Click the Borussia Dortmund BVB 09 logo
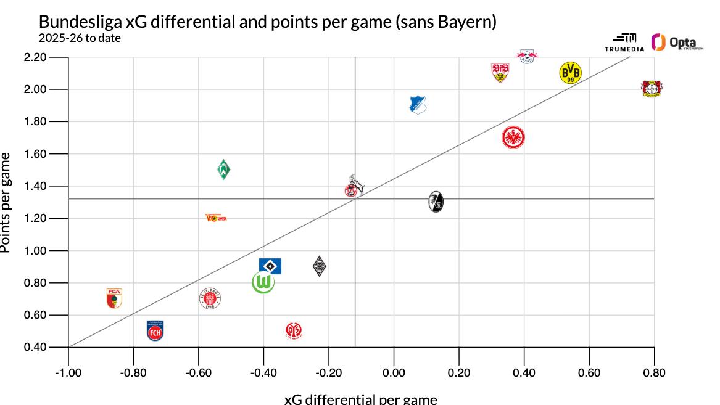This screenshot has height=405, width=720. pyautogui.click(x=570, y=73)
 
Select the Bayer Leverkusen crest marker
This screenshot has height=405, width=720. pyautogui.click(x=651, y=89)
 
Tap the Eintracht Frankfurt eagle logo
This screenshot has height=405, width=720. pyautogui.click(x=513, y=137)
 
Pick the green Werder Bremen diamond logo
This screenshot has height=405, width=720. pyautogui.click(x=224, y=169)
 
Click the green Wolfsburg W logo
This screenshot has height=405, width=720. pyautogui.click(x=263, y=282)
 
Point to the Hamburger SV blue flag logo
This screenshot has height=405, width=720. pyautogui.click(x=270, y=266)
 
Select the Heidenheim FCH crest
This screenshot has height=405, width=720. pyautogui.click(x=155, y=330)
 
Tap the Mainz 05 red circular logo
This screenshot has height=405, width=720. pyautogui.click(x=294, y=331)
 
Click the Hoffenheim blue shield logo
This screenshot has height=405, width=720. pyautogui.click(x=419, y=105)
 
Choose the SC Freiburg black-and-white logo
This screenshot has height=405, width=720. pyautogui.click(x=436, y=201)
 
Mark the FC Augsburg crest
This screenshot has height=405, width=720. pyautogui.click(x=114, y=298)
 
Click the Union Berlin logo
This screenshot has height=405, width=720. pyautogui.click(x=216, y=218)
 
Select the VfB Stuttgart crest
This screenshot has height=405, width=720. pyautogui.click(x=500, y=73)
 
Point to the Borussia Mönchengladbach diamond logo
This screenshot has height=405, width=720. pyautogui.click(x=319, y=266)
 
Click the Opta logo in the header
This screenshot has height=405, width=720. pyautogui.click(x=676, y=43)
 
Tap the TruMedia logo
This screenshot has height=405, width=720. pyautogui.click(x=624, y=43)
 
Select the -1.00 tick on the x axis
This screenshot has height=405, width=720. pyautogui.click(x=68, y=372)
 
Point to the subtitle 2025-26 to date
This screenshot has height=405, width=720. pyautogui.click(x=80, y=38)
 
